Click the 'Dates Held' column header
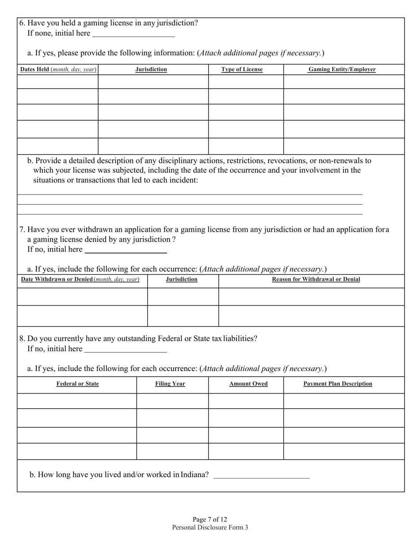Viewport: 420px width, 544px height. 58,69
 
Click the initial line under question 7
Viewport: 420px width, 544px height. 126,250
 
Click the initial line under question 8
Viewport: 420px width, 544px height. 126,350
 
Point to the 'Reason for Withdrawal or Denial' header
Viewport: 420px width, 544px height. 316,280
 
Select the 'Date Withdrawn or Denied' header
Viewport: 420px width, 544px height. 80,280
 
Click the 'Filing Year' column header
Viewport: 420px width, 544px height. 170,384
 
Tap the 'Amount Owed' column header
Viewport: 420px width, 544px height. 248,384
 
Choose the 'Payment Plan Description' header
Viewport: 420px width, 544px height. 338,384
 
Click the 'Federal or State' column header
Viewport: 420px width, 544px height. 77,384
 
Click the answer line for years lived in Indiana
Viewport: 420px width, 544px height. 261,476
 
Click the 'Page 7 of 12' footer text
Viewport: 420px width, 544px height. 210,519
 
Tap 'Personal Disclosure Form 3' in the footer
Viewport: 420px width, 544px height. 210,527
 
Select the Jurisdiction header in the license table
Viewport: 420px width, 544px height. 151,69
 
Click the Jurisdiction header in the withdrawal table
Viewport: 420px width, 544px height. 182,280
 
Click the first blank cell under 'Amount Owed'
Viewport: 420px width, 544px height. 246,401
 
